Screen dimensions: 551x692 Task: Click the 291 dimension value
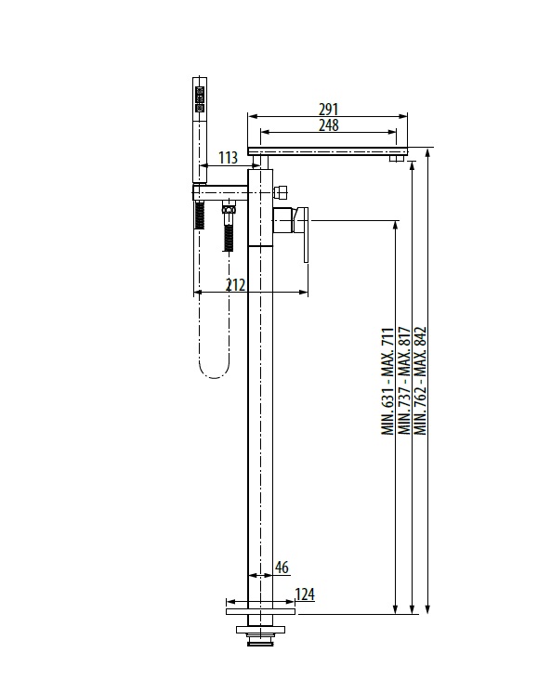pos(328,109)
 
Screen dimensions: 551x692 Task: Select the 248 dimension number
pos(329,124)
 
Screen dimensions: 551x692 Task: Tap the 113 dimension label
pos(228,158)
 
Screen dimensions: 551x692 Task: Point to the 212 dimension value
pos(235,285)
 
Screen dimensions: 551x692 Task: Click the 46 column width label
pos(282,568)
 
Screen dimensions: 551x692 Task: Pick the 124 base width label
pos(305,594)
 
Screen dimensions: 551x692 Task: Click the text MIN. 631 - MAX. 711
pos(387,381)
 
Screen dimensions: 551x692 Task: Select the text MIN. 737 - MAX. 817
pos(404,381)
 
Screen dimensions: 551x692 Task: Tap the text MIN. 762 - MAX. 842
pos(420,381)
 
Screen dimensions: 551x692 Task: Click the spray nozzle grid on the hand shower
pos(200,98)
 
